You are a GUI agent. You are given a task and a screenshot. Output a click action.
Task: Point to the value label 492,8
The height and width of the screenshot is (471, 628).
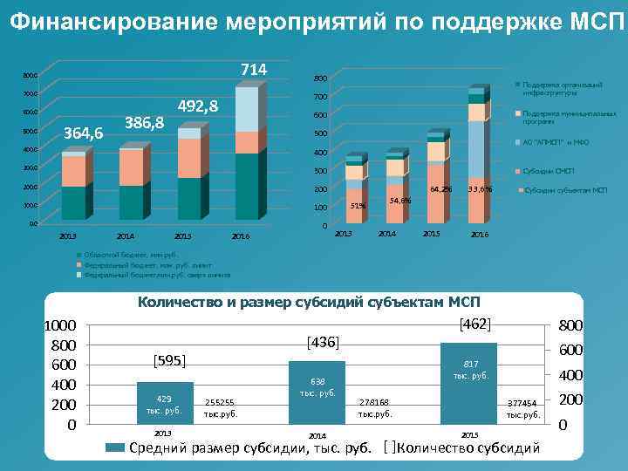coord(197,106)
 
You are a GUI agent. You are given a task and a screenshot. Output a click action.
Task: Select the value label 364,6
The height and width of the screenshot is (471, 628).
coord(85,133)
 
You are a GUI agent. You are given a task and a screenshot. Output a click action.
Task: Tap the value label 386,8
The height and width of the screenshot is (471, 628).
coord(145,121)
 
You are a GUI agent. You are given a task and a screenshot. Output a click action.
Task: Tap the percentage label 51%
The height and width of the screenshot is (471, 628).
coord(358,206)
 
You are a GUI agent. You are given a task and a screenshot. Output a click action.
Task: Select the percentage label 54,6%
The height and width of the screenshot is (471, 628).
coord(400,201)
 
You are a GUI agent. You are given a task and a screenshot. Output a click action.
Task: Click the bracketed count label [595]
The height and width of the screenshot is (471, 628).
coord(170,360)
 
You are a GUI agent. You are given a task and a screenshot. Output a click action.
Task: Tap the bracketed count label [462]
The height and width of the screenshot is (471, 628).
coord(475,324)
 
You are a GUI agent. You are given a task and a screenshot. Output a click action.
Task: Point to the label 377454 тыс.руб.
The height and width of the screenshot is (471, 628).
coord(524,409)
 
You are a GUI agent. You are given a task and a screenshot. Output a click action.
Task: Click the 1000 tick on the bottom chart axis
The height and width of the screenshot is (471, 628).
coord(61,324)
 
